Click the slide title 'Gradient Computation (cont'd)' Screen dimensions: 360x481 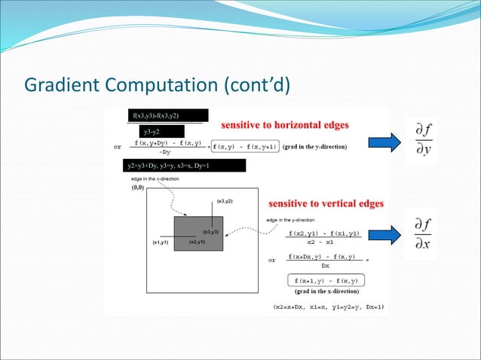(158, 83)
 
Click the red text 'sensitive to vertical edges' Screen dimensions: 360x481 (326, 203)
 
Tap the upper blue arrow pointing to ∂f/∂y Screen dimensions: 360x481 (385, 141)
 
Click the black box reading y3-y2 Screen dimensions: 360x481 (156, 132)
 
